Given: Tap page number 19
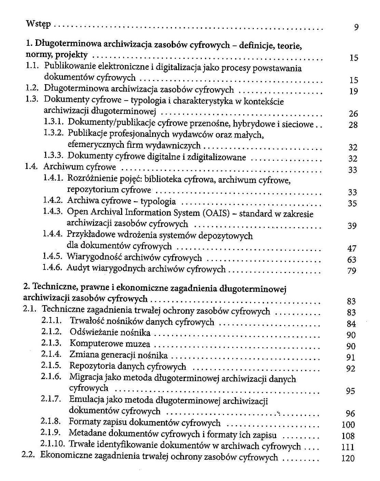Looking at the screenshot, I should tap(353, 91).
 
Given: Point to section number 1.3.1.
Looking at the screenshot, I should tap(53, 122).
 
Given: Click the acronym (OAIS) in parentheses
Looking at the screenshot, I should tap(216, 213).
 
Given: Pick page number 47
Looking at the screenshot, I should tap(352, 249).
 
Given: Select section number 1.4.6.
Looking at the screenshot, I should tap(52, 268).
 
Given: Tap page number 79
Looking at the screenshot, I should tap(352, 271).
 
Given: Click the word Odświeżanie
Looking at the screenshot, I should tap(91, 332).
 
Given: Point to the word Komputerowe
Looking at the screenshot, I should tap(92, 343).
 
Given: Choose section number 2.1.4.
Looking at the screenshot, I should tap(51, 354).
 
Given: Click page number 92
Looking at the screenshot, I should tap(351, 369).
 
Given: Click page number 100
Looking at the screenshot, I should tap(348, 425).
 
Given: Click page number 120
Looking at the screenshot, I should tap(348, 458).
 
